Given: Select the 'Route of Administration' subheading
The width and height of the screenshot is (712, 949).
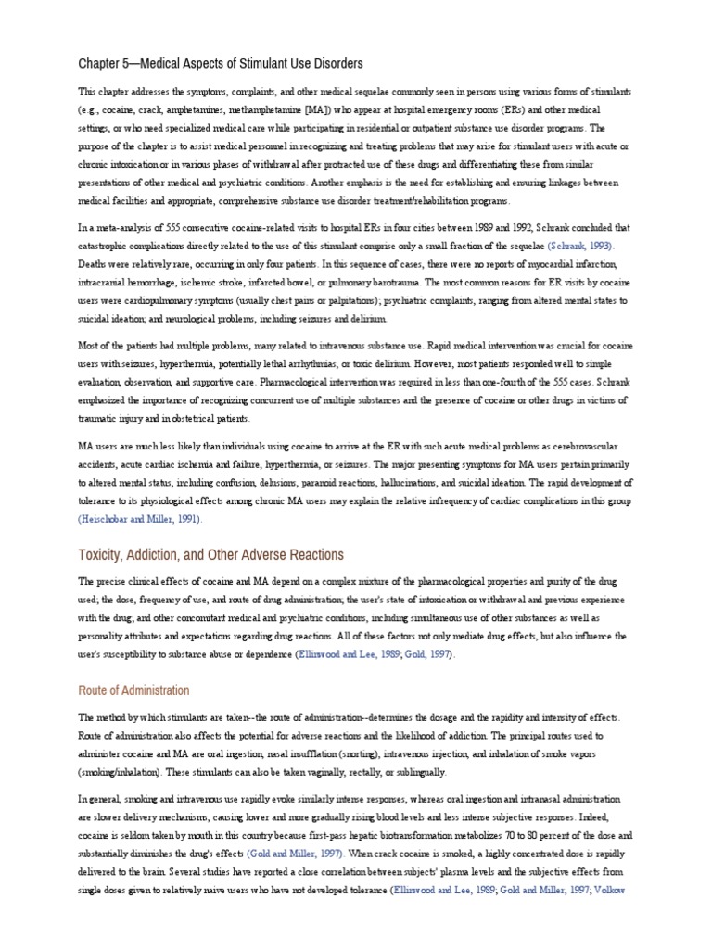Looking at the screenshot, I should coord(134,690).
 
